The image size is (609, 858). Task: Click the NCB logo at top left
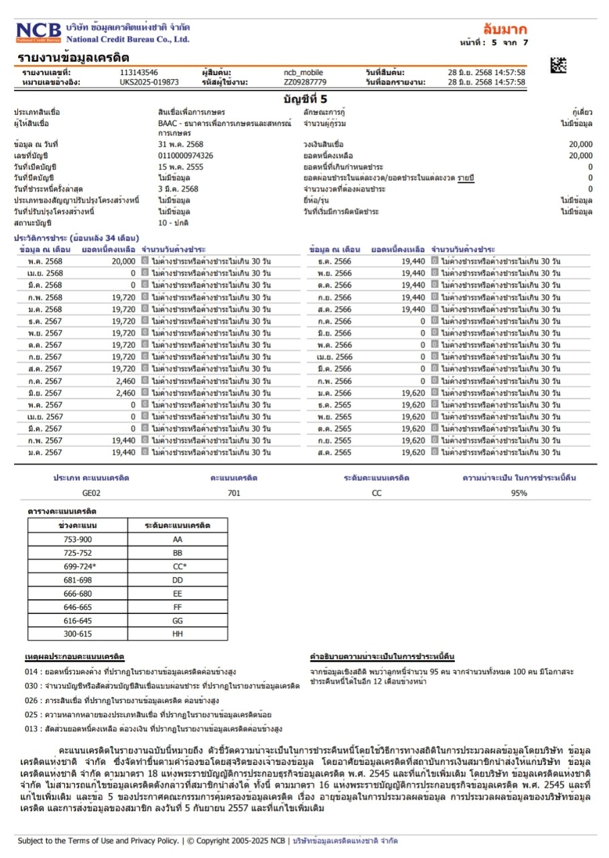[x=38, y=32]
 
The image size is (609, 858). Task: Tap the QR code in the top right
[x=558, y=65]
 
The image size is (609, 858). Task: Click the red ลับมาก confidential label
[x=505, y=29]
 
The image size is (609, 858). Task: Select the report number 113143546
[x=139, y=72]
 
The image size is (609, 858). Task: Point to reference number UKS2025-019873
[x=149, y=82]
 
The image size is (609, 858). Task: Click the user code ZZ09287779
[x=305, y=82]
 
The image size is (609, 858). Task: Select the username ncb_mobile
[x=299, y=72]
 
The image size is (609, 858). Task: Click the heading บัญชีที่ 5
[x=305, y=99]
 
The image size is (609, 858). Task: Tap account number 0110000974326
[x=186, y=156]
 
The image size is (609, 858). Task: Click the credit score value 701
[x=234, y=493]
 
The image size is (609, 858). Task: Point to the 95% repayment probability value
[x=519, y=493]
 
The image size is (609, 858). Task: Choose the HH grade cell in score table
[x=178, y=633]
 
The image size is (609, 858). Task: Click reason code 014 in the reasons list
[x=30, y=671]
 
